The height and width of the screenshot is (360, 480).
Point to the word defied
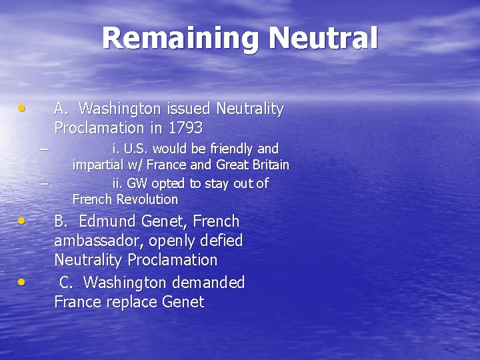(221, 241)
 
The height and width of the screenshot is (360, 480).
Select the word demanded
(210, 283)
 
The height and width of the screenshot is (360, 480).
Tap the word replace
(131, 302)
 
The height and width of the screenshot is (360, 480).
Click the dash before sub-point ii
(44, 181)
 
